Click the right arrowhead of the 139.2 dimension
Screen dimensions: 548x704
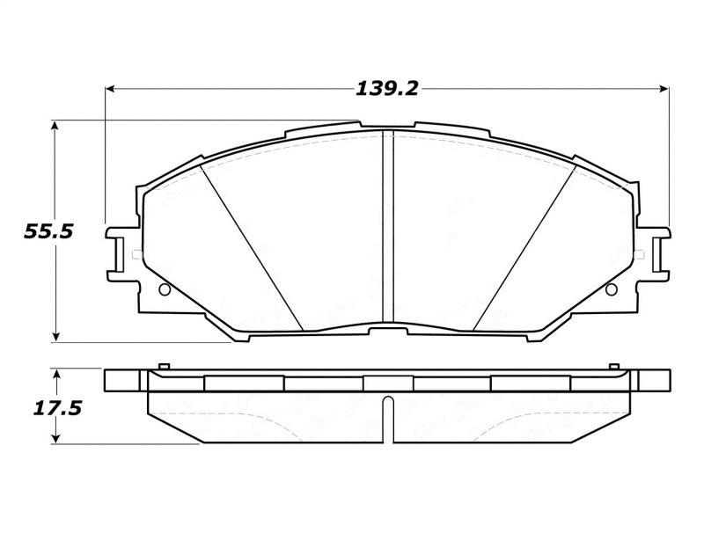coord(664,89)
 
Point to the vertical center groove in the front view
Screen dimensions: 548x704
coord(387,229)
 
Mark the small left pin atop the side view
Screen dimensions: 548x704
coord(162,366)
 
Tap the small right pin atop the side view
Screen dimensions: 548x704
coord(612,366)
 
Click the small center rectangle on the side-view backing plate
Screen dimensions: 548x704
coord(387,384)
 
